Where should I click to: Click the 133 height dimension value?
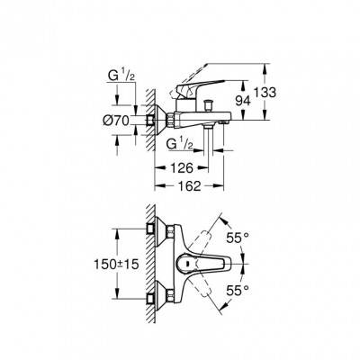tap(265, 93)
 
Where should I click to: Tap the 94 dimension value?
tap(243, 101)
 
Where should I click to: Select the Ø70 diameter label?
tap(116, 121)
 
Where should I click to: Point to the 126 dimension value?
tap(181, 168)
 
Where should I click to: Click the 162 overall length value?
tap(189, 186)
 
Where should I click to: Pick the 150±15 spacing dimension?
tap(116, 265)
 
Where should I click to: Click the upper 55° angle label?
tap(238, 238)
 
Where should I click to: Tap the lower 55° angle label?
tap(238, 290)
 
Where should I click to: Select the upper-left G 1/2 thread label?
tap(121, 76)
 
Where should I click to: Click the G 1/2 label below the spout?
tap(179, 145)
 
